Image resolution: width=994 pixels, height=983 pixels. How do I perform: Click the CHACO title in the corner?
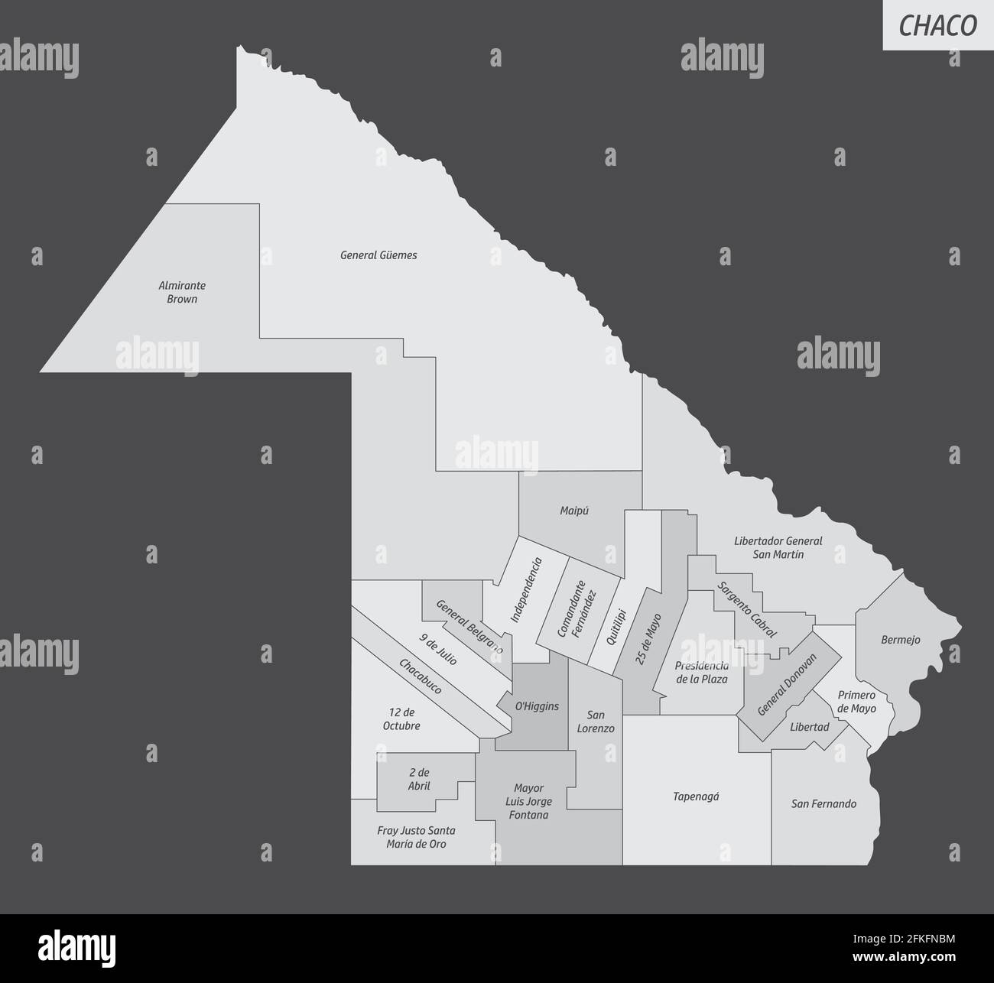pos(937,25)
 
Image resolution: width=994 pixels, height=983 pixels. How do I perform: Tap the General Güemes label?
pos(378,255)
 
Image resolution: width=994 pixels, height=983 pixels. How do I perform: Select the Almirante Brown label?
pos(182,292)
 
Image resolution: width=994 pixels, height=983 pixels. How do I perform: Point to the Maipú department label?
pos(574,511)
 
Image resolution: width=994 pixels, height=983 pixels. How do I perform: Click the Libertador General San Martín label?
pos(778,547)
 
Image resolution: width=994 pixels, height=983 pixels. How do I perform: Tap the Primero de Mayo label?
pos(856,702)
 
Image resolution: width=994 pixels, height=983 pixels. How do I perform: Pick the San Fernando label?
pos(823,803)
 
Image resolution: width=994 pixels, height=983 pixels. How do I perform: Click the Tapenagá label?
pos(696,796)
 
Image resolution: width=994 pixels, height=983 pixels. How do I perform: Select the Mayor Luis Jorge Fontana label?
pos(528,801)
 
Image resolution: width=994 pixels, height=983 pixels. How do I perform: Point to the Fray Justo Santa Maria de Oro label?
pos(416,837)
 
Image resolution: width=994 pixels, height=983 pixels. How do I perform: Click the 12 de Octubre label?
pos(401,719)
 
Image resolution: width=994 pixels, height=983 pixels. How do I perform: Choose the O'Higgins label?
pos(536,706)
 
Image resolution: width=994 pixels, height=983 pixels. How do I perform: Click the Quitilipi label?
pos(621,626)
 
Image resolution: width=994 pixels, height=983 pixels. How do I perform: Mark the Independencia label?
pos(527,589)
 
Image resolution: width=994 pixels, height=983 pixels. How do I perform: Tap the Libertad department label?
pos(809,727)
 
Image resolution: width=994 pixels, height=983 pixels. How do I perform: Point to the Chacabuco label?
pos(420,676)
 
